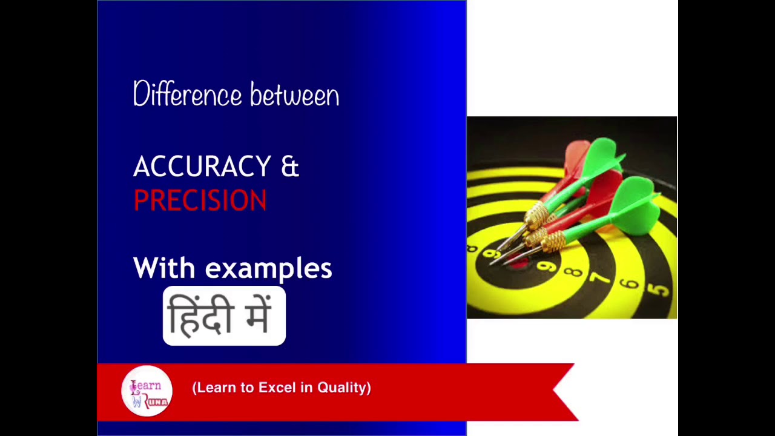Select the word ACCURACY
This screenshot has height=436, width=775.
[x=202, y=167]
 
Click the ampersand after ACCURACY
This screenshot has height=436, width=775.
[x=290, y=167]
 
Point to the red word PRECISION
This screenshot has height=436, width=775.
[x=200, y=200]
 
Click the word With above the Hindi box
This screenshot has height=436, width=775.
[x=164, y=268]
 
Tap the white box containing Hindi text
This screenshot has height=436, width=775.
[x=224, y=316]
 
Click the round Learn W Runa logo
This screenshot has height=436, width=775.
[x=147, y=391]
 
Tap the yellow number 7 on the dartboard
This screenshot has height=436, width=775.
[x=600, y=279]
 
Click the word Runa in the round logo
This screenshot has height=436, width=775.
[x=156, y=401]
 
